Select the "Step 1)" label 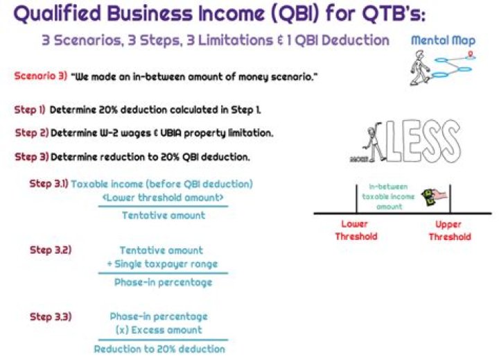(x=30, y=110)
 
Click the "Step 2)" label (x=31, y=132)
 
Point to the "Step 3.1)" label (x=49, y=185)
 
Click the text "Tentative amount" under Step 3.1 (x=164, y=216)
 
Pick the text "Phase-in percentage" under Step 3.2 (x=164, y=282)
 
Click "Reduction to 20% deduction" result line (x=159, y=349)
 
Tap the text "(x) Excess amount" (x=159, y=330)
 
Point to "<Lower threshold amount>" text (x=164, y=198)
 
